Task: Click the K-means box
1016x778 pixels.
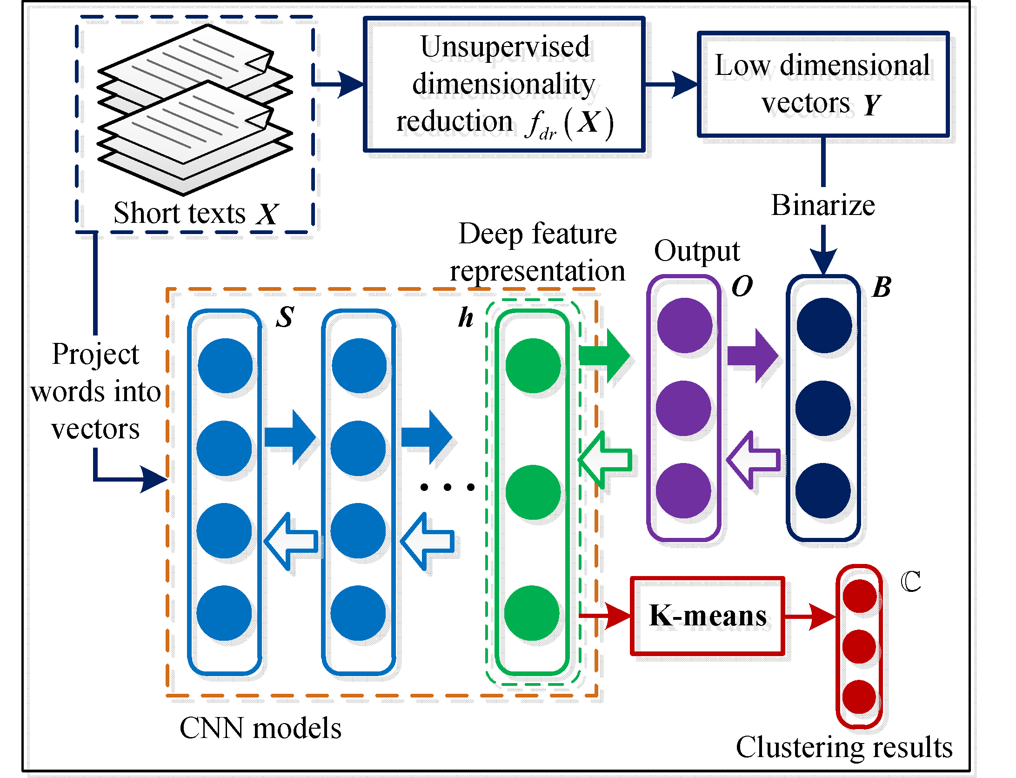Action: [707, 616]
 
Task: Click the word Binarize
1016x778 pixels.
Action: [822, 205]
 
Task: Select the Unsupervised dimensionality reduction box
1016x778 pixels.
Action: [504, 84]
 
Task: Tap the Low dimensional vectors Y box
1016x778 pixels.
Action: [822, 84]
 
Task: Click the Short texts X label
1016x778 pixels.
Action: [195, 214]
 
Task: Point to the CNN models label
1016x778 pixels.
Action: [261, 728]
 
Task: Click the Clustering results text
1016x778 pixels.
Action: [844, 747]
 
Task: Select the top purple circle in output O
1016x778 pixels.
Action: [684, 326]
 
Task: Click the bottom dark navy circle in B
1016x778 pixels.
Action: [822, 490]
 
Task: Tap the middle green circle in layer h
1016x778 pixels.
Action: [533, 492]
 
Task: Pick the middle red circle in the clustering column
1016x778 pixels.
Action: [859, 647]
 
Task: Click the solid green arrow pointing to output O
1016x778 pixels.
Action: [605, 356]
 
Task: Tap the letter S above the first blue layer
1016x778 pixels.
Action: [285, 317]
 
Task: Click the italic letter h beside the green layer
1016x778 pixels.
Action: [466, 318]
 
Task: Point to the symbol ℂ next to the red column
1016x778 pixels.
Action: [910, 582]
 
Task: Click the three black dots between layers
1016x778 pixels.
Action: [447, 487]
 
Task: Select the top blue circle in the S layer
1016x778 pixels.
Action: [225, 366]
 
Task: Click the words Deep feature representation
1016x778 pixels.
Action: [537, 252]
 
